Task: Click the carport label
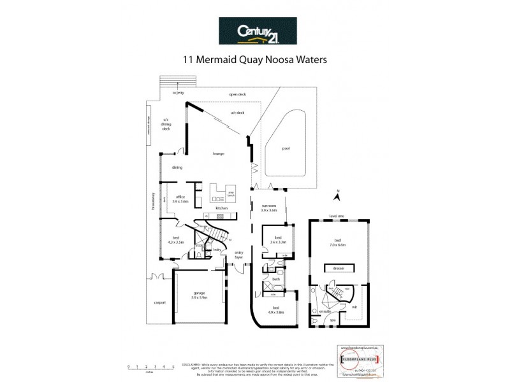click(x=159, y=302)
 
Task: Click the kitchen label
click(x=221, y=208)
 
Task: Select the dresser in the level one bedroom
click(x=339, y=268)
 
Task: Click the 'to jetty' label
click(x=178, y=93)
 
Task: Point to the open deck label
click(x=238, y=94)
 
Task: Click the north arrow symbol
click(x=340, y=197)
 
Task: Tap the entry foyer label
click(x=239, y=255)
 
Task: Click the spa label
click(x=332, y=320)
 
